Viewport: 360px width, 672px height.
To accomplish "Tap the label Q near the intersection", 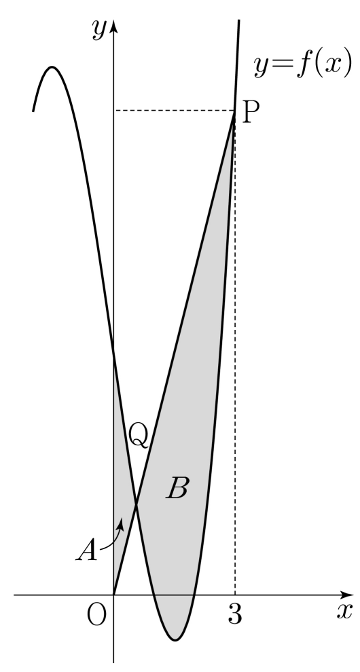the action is [139, 435].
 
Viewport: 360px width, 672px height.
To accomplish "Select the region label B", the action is [177, 488].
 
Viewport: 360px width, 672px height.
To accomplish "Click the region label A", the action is [87, 550].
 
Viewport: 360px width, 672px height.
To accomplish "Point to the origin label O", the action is [96, 616].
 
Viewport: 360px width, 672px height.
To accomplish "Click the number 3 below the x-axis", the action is [235, 614].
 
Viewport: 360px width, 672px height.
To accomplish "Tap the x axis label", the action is [344, 612].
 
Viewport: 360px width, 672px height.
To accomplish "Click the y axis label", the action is [99, 30].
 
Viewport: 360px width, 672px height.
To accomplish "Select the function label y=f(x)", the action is [303, 66].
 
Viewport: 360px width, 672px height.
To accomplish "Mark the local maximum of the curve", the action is [52, 67].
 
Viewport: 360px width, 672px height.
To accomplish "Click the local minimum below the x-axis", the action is [175, 640].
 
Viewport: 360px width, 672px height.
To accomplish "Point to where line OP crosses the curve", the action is [136, 505].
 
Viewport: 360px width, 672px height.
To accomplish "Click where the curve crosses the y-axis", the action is [113, 354].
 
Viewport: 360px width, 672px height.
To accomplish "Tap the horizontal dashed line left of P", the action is [174, 111].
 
